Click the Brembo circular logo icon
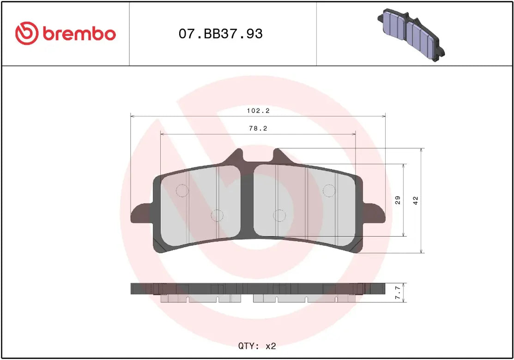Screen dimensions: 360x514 [27, 34]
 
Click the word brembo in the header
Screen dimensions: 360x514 [79, 34]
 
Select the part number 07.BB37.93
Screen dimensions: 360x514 [220, 34]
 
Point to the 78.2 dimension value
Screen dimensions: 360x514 [258, 129]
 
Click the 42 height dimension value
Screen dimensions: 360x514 [416, 200]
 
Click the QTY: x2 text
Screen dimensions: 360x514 [257, 346]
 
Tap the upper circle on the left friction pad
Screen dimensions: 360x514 [182, 190]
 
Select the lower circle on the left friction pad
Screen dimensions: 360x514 [217, 215]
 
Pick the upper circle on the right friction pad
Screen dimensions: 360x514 [328, 190]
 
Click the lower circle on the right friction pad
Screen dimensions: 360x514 [279, 215]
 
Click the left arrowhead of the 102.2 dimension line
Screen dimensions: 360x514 [133, 116]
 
